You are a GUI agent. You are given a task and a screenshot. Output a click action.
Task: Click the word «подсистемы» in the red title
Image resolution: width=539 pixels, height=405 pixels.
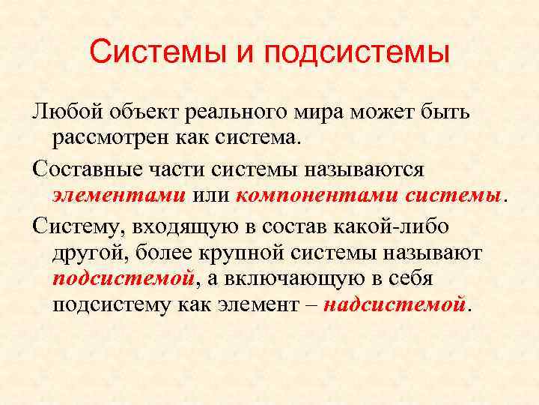point(356,55)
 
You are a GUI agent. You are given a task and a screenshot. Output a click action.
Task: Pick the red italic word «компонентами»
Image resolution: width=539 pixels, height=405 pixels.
point(317,196)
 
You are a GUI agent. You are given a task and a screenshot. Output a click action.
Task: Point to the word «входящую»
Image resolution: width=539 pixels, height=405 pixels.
point(165,225)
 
